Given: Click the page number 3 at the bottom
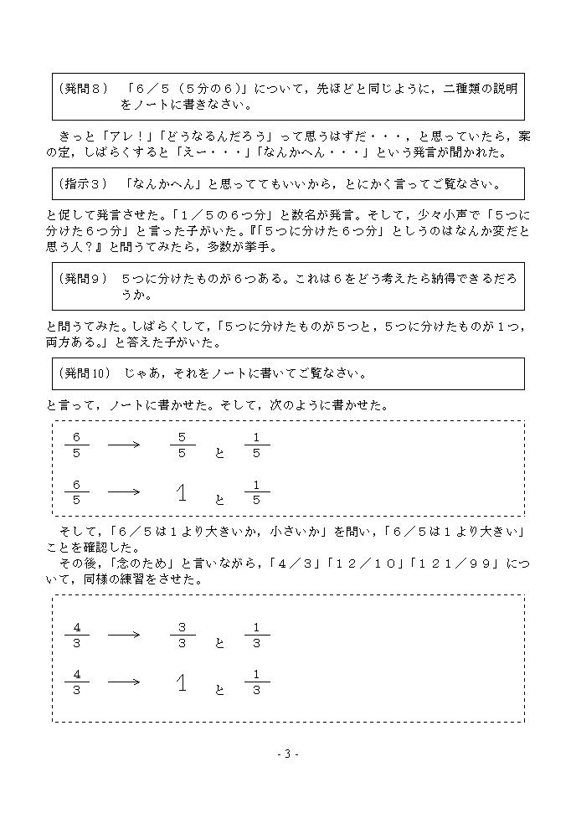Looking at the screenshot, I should pos(287,754).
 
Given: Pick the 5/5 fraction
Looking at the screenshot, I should pos(182,445).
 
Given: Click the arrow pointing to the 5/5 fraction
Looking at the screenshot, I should pos(124,445).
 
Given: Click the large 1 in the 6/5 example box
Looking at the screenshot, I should pos(182,493).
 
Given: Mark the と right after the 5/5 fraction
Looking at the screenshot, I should pos(220,453).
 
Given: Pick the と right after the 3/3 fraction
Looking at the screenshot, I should pos(220,643).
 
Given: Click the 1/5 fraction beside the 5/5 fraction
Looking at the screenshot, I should pos(256,445).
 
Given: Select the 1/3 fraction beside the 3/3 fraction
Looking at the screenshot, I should pos(256,635).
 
